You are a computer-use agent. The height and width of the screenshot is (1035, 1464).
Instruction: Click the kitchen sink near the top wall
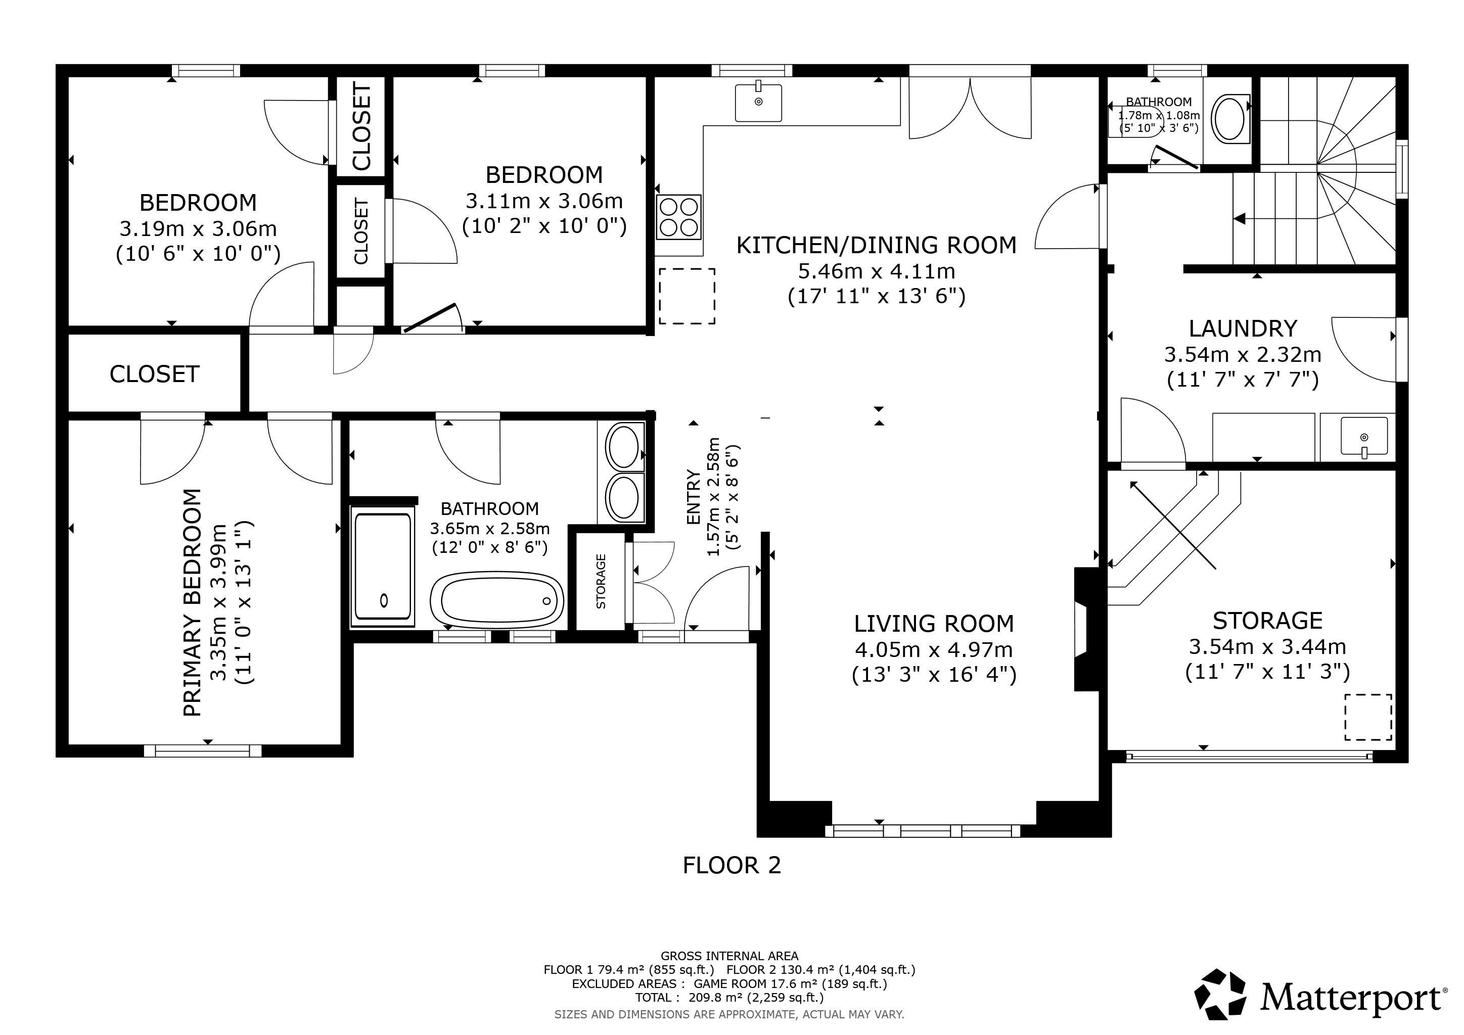pos(758,102)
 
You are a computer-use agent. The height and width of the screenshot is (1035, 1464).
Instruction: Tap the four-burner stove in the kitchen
pos(678,216)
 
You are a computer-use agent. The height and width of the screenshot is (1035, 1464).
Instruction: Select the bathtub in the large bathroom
pos(497,600)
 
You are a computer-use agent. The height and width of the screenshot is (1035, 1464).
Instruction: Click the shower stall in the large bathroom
pos(383,567)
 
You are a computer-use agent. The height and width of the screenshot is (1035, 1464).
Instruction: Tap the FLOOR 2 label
pos(731,865)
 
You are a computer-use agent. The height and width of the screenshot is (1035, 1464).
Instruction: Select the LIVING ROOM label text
pos(934,623)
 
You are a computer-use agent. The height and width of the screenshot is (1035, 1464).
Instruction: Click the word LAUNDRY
pos(1243,328)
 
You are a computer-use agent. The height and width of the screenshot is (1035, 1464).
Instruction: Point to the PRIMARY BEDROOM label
pos(192,602)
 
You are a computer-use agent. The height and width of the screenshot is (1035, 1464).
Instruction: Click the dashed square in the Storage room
pos(1368,717)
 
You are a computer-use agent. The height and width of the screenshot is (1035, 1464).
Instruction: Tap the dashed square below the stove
pos(687,296)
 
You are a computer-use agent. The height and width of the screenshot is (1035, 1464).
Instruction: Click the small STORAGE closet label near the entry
pos(601,581)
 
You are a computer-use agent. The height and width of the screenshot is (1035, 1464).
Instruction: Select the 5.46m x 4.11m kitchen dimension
pos(877,271)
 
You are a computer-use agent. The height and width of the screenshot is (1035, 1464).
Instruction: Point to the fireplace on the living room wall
pos(1087,629)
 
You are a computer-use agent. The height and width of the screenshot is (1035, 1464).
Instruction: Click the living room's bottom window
pos(923,831)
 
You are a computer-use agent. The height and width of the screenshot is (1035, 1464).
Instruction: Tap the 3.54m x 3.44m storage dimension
pos(1268,647)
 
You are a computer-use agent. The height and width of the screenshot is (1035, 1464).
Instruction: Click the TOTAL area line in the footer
pos(729,998)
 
